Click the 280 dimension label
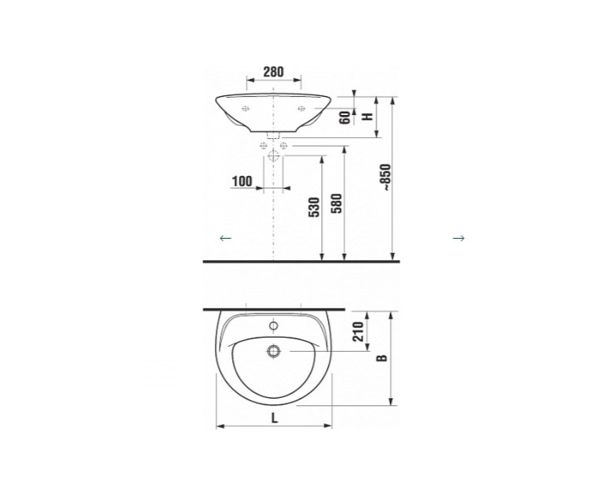point(273,72)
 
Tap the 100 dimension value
point(242,181)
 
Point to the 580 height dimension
point(336,203)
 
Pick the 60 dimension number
point(345,117)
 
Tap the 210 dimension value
point(358,332)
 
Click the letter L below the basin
point(274,418)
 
